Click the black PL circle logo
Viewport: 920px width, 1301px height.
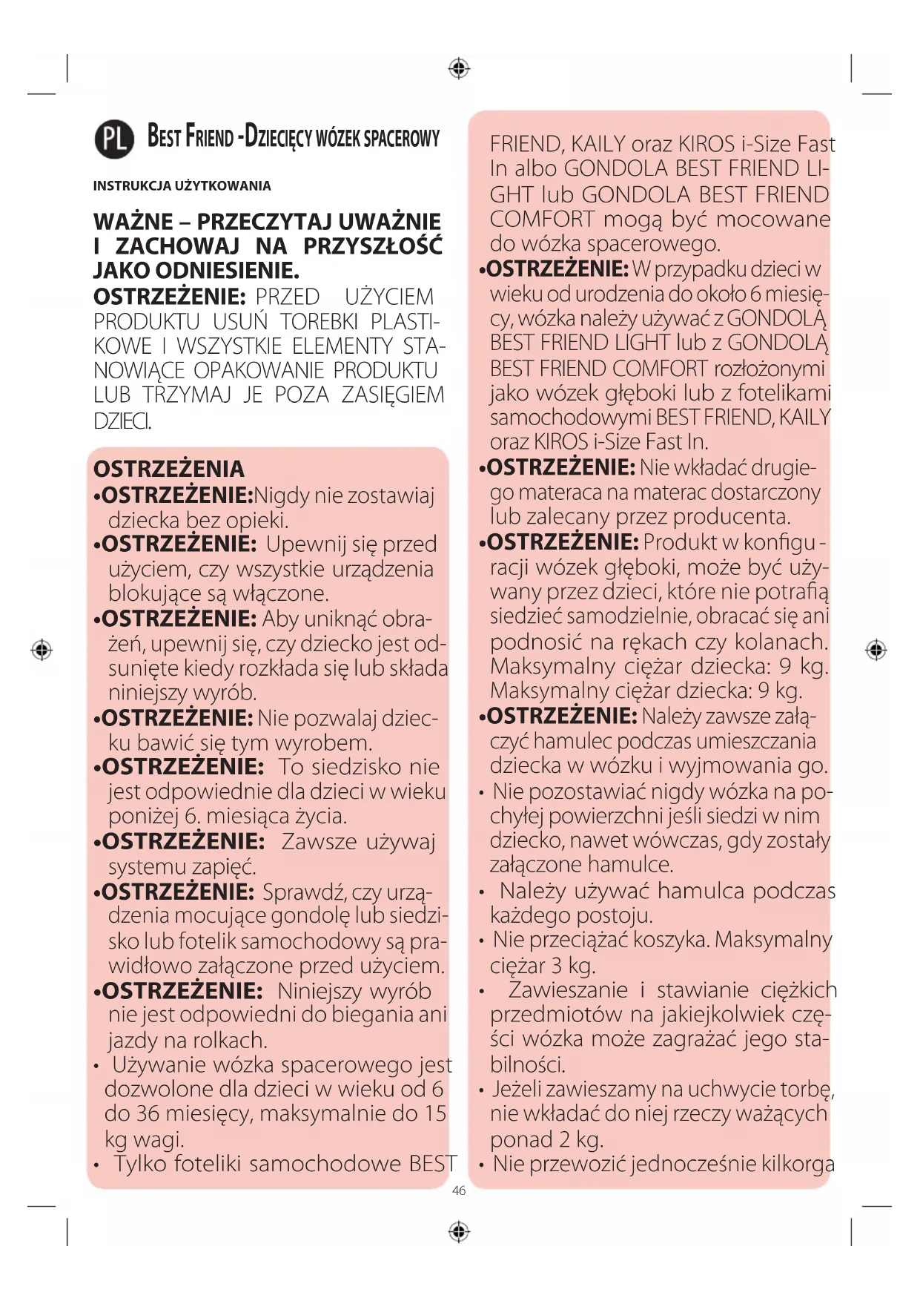coord(114,139)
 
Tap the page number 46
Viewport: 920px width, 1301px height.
coord(459,1190)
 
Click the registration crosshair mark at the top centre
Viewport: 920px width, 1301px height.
coord(460,69)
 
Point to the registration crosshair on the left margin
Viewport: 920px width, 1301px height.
coord(42,650)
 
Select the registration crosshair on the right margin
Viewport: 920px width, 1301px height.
coord(876,650)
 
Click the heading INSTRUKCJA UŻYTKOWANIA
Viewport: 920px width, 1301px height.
coord(182,186)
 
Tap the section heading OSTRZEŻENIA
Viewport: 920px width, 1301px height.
coord(168,469)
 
